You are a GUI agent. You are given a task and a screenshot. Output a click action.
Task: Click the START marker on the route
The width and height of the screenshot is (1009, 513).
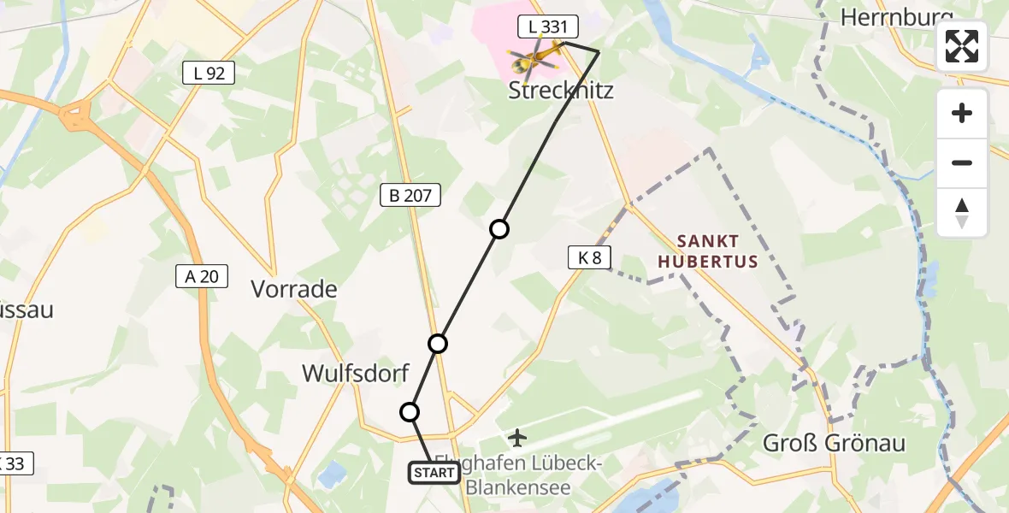pyautogui.click(x=434, y=473)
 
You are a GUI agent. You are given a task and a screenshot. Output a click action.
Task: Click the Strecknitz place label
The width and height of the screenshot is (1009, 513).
pyautogui.click(x=561, y=90)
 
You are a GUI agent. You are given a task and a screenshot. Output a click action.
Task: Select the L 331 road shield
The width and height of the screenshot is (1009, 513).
pyautogui.click(x=547, y=27)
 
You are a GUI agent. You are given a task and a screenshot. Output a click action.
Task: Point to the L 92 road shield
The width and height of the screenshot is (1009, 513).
pyautogui.click(x=209, y=74)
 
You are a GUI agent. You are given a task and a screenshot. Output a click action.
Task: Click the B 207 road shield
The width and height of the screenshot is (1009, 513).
pyautogui.click(x=410, y=196)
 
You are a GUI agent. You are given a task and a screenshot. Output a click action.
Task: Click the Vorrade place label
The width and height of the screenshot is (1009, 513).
pyautogui.click(x=294, y=289)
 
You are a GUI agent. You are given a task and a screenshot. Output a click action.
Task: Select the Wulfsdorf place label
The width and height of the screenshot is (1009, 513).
pyautogui.click(x=356, y=373)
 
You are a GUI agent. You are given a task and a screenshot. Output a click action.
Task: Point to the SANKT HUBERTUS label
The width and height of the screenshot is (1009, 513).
pyautogui.click(x=707, y=251)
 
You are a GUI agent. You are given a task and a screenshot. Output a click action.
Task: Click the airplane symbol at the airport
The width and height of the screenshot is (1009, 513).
pyautogui.click(x=517, y=439)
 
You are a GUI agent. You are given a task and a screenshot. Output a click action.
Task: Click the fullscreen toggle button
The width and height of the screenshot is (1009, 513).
pyautogui.click(x=962, y=46)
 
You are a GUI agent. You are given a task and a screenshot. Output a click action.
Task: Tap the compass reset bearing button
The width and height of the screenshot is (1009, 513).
pyautogui.click(x=962, y=213)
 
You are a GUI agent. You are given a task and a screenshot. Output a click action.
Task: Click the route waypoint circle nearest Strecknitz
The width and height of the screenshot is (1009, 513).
pyautogui.click(x=499, y=229)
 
